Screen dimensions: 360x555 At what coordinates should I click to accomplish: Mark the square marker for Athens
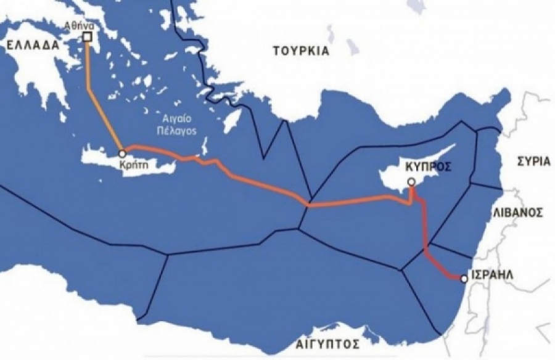click(87, 37)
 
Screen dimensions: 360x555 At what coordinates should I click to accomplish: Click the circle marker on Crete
click(122, 152)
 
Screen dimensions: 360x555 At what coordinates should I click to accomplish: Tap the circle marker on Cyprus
click(411, 182)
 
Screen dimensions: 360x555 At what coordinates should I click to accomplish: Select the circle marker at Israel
click(463, 279)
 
